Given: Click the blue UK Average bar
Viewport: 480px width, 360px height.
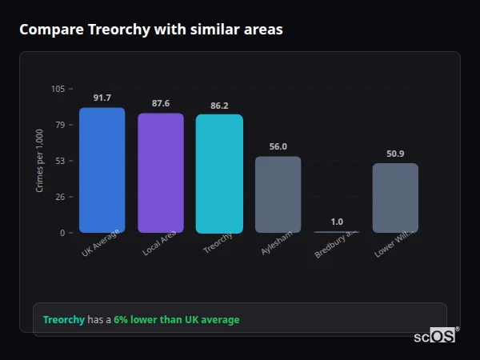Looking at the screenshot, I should coord(102,170).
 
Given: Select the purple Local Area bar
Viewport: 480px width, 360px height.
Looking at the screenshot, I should coord(160,173).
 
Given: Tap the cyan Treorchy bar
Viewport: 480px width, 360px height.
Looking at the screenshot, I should coord(219,174).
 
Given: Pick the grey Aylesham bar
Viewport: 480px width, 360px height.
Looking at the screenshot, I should coord(278,194).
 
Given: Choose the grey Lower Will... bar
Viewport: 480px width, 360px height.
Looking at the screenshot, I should coord(395,198).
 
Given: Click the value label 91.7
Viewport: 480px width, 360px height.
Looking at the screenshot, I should coord(102,98).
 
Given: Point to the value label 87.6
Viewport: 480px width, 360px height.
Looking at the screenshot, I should coord(160,103).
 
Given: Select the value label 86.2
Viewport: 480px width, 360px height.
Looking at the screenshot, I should coord(219,105).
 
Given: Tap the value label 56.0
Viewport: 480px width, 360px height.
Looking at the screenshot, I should coord(278,146).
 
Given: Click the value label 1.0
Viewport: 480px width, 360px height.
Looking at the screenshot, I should coord(337,222).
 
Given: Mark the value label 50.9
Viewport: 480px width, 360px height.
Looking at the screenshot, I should coord(395,154).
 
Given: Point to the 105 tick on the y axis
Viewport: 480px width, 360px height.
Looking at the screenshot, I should coord(58,89).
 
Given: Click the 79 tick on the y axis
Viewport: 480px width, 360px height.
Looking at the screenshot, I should coord(60,125).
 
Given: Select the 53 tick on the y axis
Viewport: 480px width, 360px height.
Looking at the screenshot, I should coord(60,161).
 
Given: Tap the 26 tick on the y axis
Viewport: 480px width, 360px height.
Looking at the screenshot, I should coord(60,197).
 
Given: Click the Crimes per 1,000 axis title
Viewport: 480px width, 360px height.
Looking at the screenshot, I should coord(40,160).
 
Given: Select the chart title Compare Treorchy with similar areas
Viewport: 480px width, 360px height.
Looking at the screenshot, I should coord(150,30).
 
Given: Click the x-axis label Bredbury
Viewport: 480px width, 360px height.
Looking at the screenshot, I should coord(331,245).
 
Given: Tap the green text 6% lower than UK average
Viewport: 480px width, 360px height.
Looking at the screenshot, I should coord(176,319).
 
